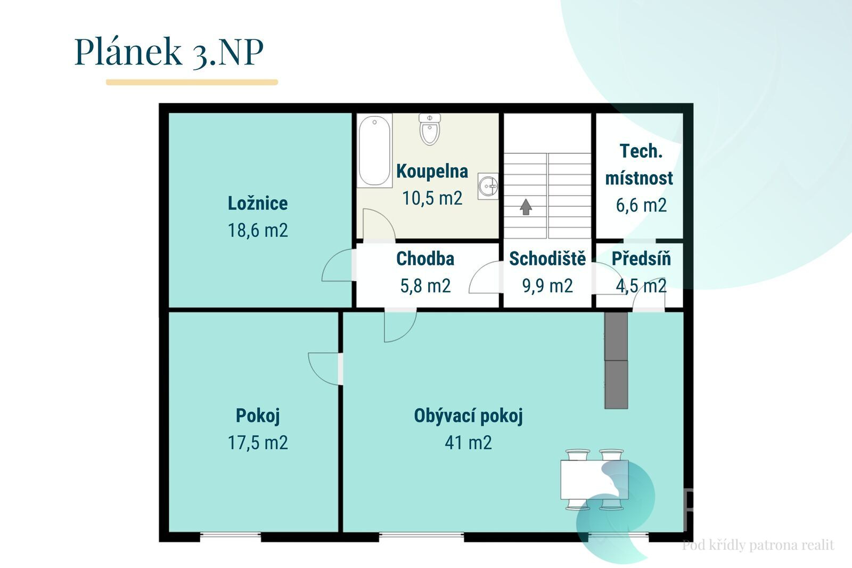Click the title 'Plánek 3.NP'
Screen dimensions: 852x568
pyautogui.click(x=169, y=52)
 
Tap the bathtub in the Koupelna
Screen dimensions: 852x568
pyautogui.click(x=375, y=151)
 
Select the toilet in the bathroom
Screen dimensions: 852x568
pyautogui.click(x=430, y=129)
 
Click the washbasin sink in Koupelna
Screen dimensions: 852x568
pyautogui.click(x=488, y=186)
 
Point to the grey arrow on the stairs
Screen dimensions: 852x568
pyautogui.click(x=526, y=207)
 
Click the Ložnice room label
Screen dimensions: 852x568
pyautogui.click(x=258, y=204)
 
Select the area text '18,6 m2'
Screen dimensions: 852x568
pyautogui.click(x=258, y=230)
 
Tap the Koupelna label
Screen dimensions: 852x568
pyautogui.click(x=432, y=172)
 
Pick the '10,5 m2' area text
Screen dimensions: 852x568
pyautogui.click(x=432, y=198)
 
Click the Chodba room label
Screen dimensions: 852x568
pyautogui.click(x=425, y=259)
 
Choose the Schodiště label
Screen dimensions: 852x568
pyautogui.click(x=547, y=258)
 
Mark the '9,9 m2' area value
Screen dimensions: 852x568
pyautogui.click(x=547, y=286)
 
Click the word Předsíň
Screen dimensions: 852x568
pyautogui.click(x=641, y=258)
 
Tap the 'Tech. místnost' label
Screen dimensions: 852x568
pyautogui.click(x=640, y=165)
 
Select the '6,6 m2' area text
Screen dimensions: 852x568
pyautogui.click(x=641, y=205)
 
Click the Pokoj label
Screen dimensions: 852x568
pyautogui.click(x=258, y=416)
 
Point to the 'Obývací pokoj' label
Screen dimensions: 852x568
pyautogui.click(x=468, y=416)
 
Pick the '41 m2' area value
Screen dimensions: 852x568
pyautogui.click(x=468, y=443)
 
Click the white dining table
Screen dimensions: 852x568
pyautogui.click(x=594, y=480)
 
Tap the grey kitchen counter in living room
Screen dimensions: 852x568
pyautogui.click(x=616, y=360)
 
